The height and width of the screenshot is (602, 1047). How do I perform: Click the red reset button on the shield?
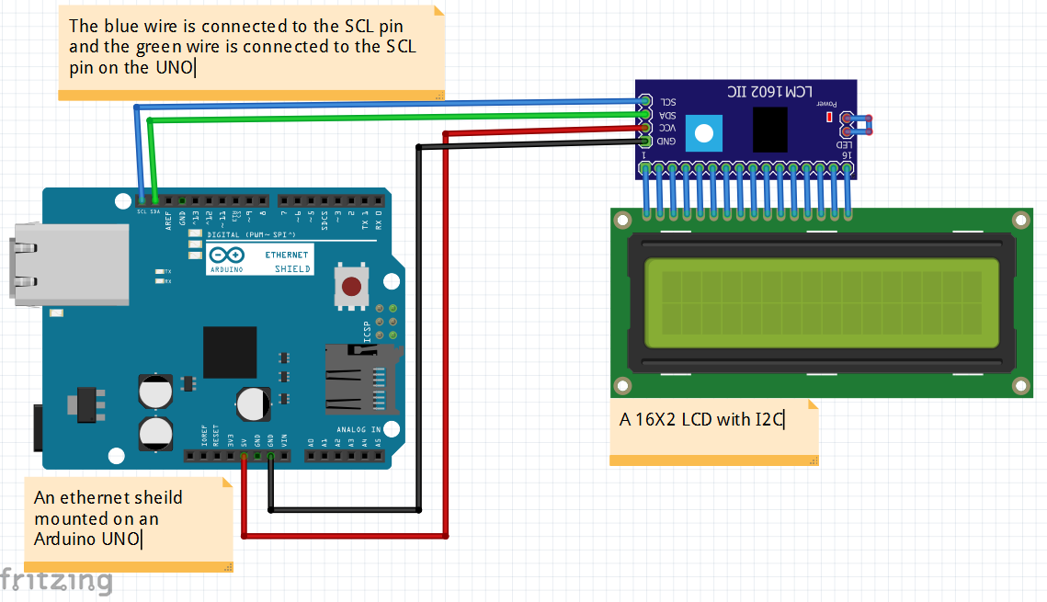(x=351, y=287)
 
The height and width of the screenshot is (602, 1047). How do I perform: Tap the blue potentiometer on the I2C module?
(x=703, y=133)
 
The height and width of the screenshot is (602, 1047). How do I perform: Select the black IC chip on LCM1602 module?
(x=769, y=129)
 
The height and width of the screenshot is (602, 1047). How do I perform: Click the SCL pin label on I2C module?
(x=669, y=102)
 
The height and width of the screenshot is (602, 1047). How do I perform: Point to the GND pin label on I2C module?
(x=667, y=141)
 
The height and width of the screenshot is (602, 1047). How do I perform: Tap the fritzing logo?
(x=57, y=581)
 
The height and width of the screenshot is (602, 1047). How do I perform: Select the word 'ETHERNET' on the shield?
(x=287, y=254)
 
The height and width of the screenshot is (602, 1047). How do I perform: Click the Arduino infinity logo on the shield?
(x=226, y=256)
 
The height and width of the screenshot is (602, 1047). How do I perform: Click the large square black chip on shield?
(x=230, y=352)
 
